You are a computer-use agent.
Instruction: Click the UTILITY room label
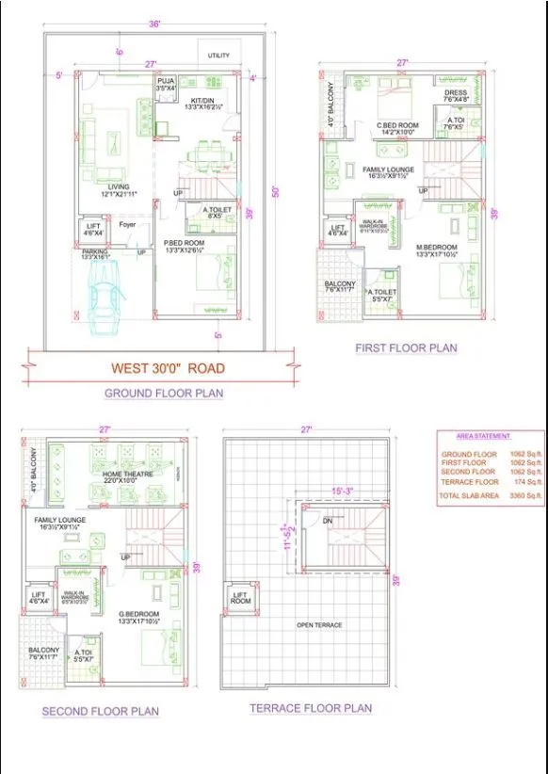click(x=218, y=56)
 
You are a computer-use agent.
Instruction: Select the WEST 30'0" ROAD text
click(x=169, y=368)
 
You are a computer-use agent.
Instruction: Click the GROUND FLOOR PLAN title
click(x=164, y=393)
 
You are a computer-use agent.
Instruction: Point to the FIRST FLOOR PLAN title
click(x=406, y=347)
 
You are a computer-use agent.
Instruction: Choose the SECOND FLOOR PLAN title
click(x=100, y=711)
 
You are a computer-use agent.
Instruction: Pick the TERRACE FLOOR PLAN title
click(x=311, y=708)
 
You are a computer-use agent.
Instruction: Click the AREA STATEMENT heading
click(x=483, y=436)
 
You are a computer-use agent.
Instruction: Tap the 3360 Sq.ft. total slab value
click(x=521, y=494)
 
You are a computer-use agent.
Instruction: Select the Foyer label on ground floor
click(x=128, y=225)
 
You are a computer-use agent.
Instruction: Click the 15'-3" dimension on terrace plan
click(x=342, y=491)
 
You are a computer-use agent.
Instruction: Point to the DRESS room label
click(x=456, y=93)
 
